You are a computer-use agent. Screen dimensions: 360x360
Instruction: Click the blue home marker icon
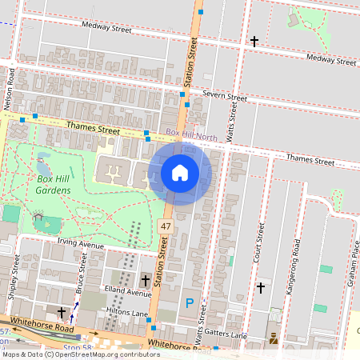[180, 172]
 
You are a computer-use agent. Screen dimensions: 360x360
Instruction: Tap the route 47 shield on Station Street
[166, 228]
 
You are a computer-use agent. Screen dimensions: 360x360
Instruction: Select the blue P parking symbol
[190, 302]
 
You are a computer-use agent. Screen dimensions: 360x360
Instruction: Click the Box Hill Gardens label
[42, 184]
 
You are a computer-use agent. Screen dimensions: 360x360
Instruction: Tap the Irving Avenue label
[82, 243]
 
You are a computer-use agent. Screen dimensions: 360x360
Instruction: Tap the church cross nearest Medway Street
[254, 41]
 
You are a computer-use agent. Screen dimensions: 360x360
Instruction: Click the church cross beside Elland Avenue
[145, 280]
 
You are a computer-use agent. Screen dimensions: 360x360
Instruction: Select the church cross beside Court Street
[260, 286]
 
